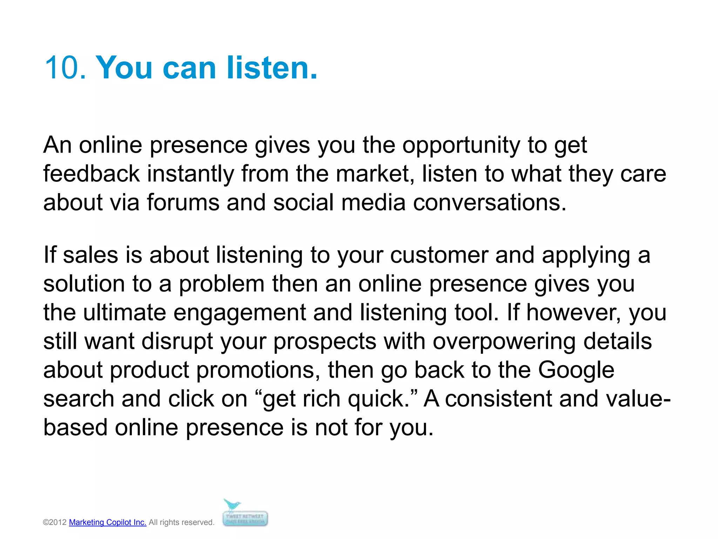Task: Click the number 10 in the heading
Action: [x=65, y=67]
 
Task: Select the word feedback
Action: [x=91, y=174]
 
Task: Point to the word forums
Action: [x=183, y=202]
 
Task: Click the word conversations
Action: [x=489, y=202]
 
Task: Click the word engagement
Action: [x=239, y=312]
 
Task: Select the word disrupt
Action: [x=177, y=341]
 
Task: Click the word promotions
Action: [x=258, y=370]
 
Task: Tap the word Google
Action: [x=576, y=370]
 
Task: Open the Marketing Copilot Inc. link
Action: [x=108, y=522]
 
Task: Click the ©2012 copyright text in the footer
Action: [x=55, y=522]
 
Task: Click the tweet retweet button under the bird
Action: [x=245, y=519]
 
